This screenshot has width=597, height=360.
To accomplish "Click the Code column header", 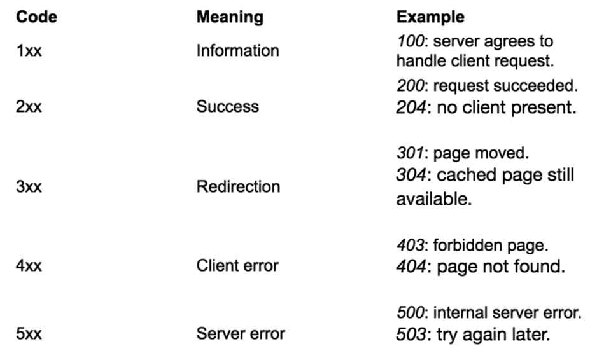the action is click(x=36, y=17).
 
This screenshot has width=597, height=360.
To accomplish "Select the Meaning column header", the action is click(x=230, y=17).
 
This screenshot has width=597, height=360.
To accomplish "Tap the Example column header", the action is click(x=430, y=17).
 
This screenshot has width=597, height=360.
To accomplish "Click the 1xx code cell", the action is click(x=29, y=51).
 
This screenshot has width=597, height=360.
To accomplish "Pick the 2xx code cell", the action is click(x=29, y=106).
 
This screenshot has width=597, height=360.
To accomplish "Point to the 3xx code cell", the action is click(x=29, y=187).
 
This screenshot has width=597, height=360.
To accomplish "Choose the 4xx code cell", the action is click(x=29, y=265).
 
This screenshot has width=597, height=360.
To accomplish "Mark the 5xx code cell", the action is click(x=29, y=333).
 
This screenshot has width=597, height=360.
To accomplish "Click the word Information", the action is click(x=237, y=51).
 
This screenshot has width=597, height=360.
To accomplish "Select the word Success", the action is click(x=227, y=106).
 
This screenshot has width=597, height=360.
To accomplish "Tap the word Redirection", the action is click(x=238, y=187).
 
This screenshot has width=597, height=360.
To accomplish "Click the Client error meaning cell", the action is click(x=237, y=265).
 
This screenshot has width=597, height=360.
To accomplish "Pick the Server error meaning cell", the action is click(x=241, y=333).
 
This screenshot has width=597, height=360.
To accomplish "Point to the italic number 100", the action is click(x=409, y=42).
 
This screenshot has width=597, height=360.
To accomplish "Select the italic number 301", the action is click(x=409, y=154).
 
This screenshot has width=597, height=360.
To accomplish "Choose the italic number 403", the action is click(x=409, y=246).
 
